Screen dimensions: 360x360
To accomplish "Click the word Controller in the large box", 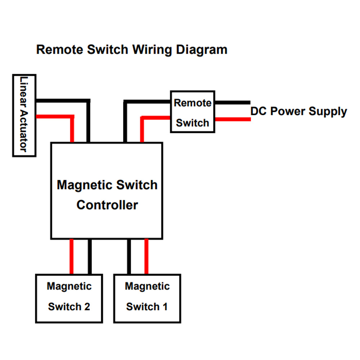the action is tap(107, 205).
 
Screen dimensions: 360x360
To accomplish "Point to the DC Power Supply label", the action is tap(298, 112).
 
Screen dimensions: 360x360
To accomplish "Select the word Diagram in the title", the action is tap(202, 50).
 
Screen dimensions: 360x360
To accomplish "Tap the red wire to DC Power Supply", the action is tap(233, 119).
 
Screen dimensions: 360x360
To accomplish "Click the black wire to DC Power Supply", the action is tap(233, 102).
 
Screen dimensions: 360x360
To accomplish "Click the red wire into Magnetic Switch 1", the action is tap(146, 256).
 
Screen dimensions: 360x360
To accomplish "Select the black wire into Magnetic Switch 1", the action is tap(129, 256).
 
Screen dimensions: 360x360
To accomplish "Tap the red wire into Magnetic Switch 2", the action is tap(71, 256).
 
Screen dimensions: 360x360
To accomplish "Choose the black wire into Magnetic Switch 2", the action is tap(90, 256).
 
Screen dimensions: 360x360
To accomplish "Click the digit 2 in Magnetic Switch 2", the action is tap(87, 307).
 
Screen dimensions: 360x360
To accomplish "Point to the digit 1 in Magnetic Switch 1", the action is tap(165, 307).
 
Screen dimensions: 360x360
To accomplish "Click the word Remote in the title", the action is tap(60, 50).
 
